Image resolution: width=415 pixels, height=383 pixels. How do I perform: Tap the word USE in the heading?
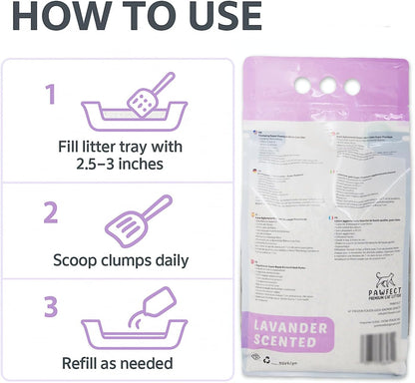tap(209, 17)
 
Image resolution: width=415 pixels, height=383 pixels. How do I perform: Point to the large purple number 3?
tap(49, 305)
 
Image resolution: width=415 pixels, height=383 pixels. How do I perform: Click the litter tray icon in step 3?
tap(130, 318)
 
